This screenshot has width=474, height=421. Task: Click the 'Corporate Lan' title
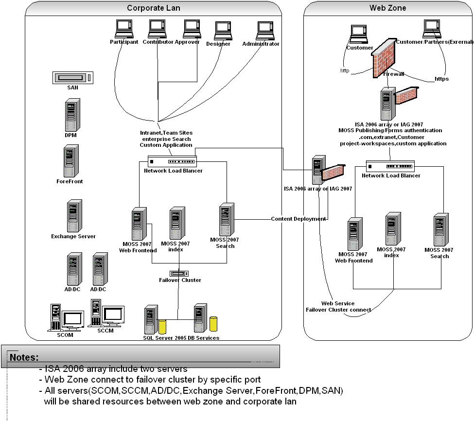[153, 8]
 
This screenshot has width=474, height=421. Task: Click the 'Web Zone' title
[387, 8]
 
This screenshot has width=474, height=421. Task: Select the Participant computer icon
[123, 29]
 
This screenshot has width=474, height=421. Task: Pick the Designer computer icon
[223, 31]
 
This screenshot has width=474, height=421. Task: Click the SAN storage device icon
[73, 77]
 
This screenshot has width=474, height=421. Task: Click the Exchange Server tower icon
[74, 216]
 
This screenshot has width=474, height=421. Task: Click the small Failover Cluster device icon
[179, 274]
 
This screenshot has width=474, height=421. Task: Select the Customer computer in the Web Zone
[359, 34]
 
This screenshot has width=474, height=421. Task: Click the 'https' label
[441, 79]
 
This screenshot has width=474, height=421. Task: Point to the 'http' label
[345, 71]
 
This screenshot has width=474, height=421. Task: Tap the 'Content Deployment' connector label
[298, 219]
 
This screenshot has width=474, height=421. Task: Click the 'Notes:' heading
[24, 357]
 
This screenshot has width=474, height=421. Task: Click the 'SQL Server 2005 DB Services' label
[181, 338]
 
